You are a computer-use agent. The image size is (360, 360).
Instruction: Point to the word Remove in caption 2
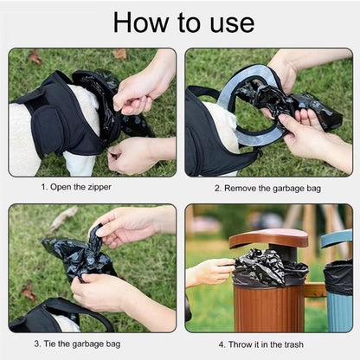click(242, 187)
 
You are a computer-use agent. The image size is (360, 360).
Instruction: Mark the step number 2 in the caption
click(216, 187)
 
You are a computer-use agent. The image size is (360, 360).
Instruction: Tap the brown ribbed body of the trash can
click(268, 307)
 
